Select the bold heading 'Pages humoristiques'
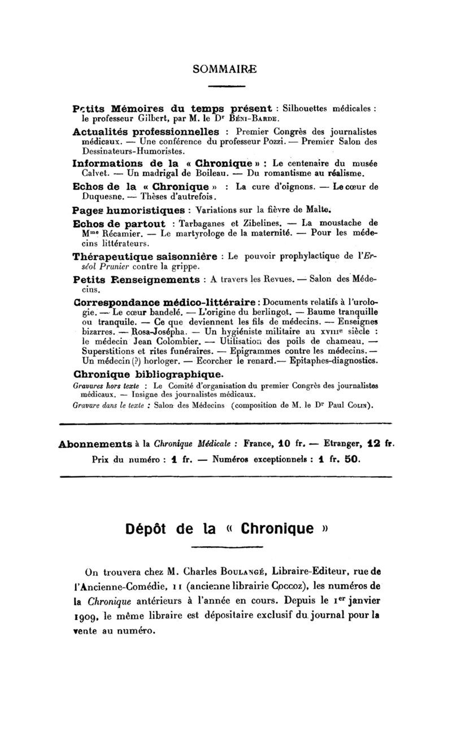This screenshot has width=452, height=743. coord(129,209)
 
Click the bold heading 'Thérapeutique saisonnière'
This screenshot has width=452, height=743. coord(145,256)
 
